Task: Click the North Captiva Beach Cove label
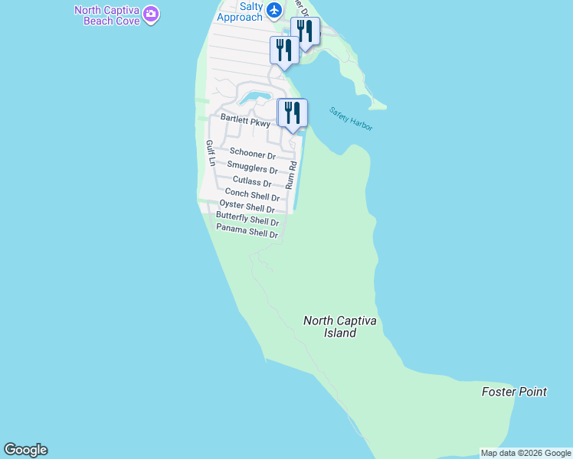(107, 15)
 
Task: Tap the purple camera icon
(151, 14)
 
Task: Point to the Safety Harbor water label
(351, 119)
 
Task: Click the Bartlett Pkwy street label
(245, 120)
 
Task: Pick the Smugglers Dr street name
(252, 168)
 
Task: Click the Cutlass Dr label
(252, 182)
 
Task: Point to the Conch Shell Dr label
(251, 195)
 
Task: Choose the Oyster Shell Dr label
(247, 207)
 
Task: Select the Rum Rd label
(291, 174)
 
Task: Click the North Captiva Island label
(340, 327)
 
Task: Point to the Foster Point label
(514, 392)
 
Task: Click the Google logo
(25, 450)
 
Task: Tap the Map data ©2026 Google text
(526, 453)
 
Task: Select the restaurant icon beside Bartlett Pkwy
(293, 113)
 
